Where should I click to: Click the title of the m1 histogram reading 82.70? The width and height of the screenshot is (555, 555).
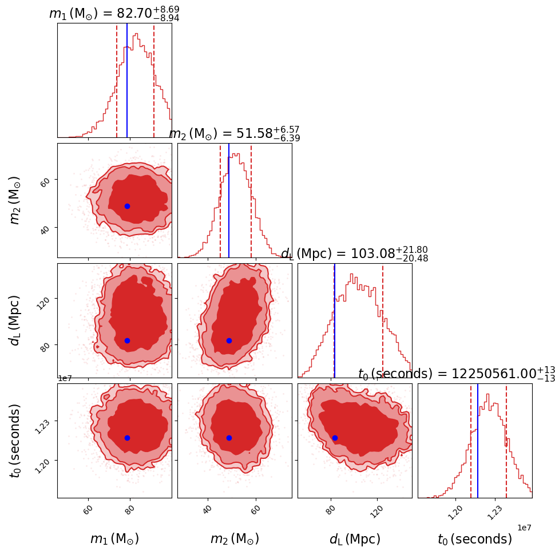coord(114,13)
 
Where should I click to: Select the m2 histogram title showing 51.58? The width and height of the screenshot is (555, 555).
coord(235,134)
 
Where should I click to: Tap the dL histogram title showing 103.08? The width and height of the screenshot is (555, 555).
coord(354,254)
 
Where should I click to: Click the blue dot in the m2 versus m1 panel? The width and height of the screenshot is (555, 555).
coord(127,206)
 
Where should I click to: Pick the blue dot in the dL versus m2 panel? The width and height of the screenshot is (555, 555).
coord(229,340)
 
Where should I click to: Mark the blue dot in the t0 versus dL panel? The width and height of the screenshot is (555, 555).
coord(335,438)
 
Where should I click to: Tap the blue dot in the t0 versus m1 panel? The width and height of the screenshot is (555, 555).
coord(127,438)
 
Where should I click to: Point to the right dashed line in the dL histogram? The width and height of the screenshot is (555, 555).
coord(383,320)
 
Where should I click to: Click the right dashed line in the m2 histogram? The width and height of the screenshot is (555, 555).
coord(251,200)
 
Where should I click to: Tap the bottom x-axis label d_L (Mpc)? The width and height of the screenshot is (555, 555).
coord(355,539)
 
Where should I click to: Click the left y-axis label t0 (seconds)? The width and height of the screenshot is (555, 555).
coord(15,440)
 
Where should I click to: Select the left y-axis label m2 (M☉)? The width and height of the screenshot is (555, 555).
coord(15,200)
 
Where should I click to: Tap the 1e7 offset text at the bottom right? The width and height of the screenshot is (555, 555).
coord(525,528)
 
